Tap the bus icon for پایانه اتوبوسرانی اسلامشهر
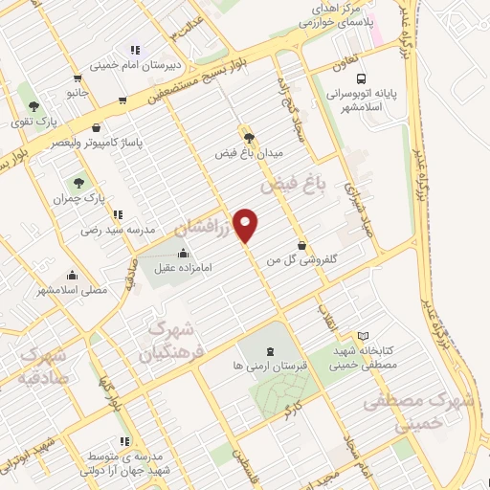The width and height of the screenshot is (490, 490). pyautogui.click(x=360, y=79)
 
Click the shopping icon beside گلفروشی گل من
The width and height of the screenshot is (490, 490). pyautogui.click(x=302, y=244)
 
